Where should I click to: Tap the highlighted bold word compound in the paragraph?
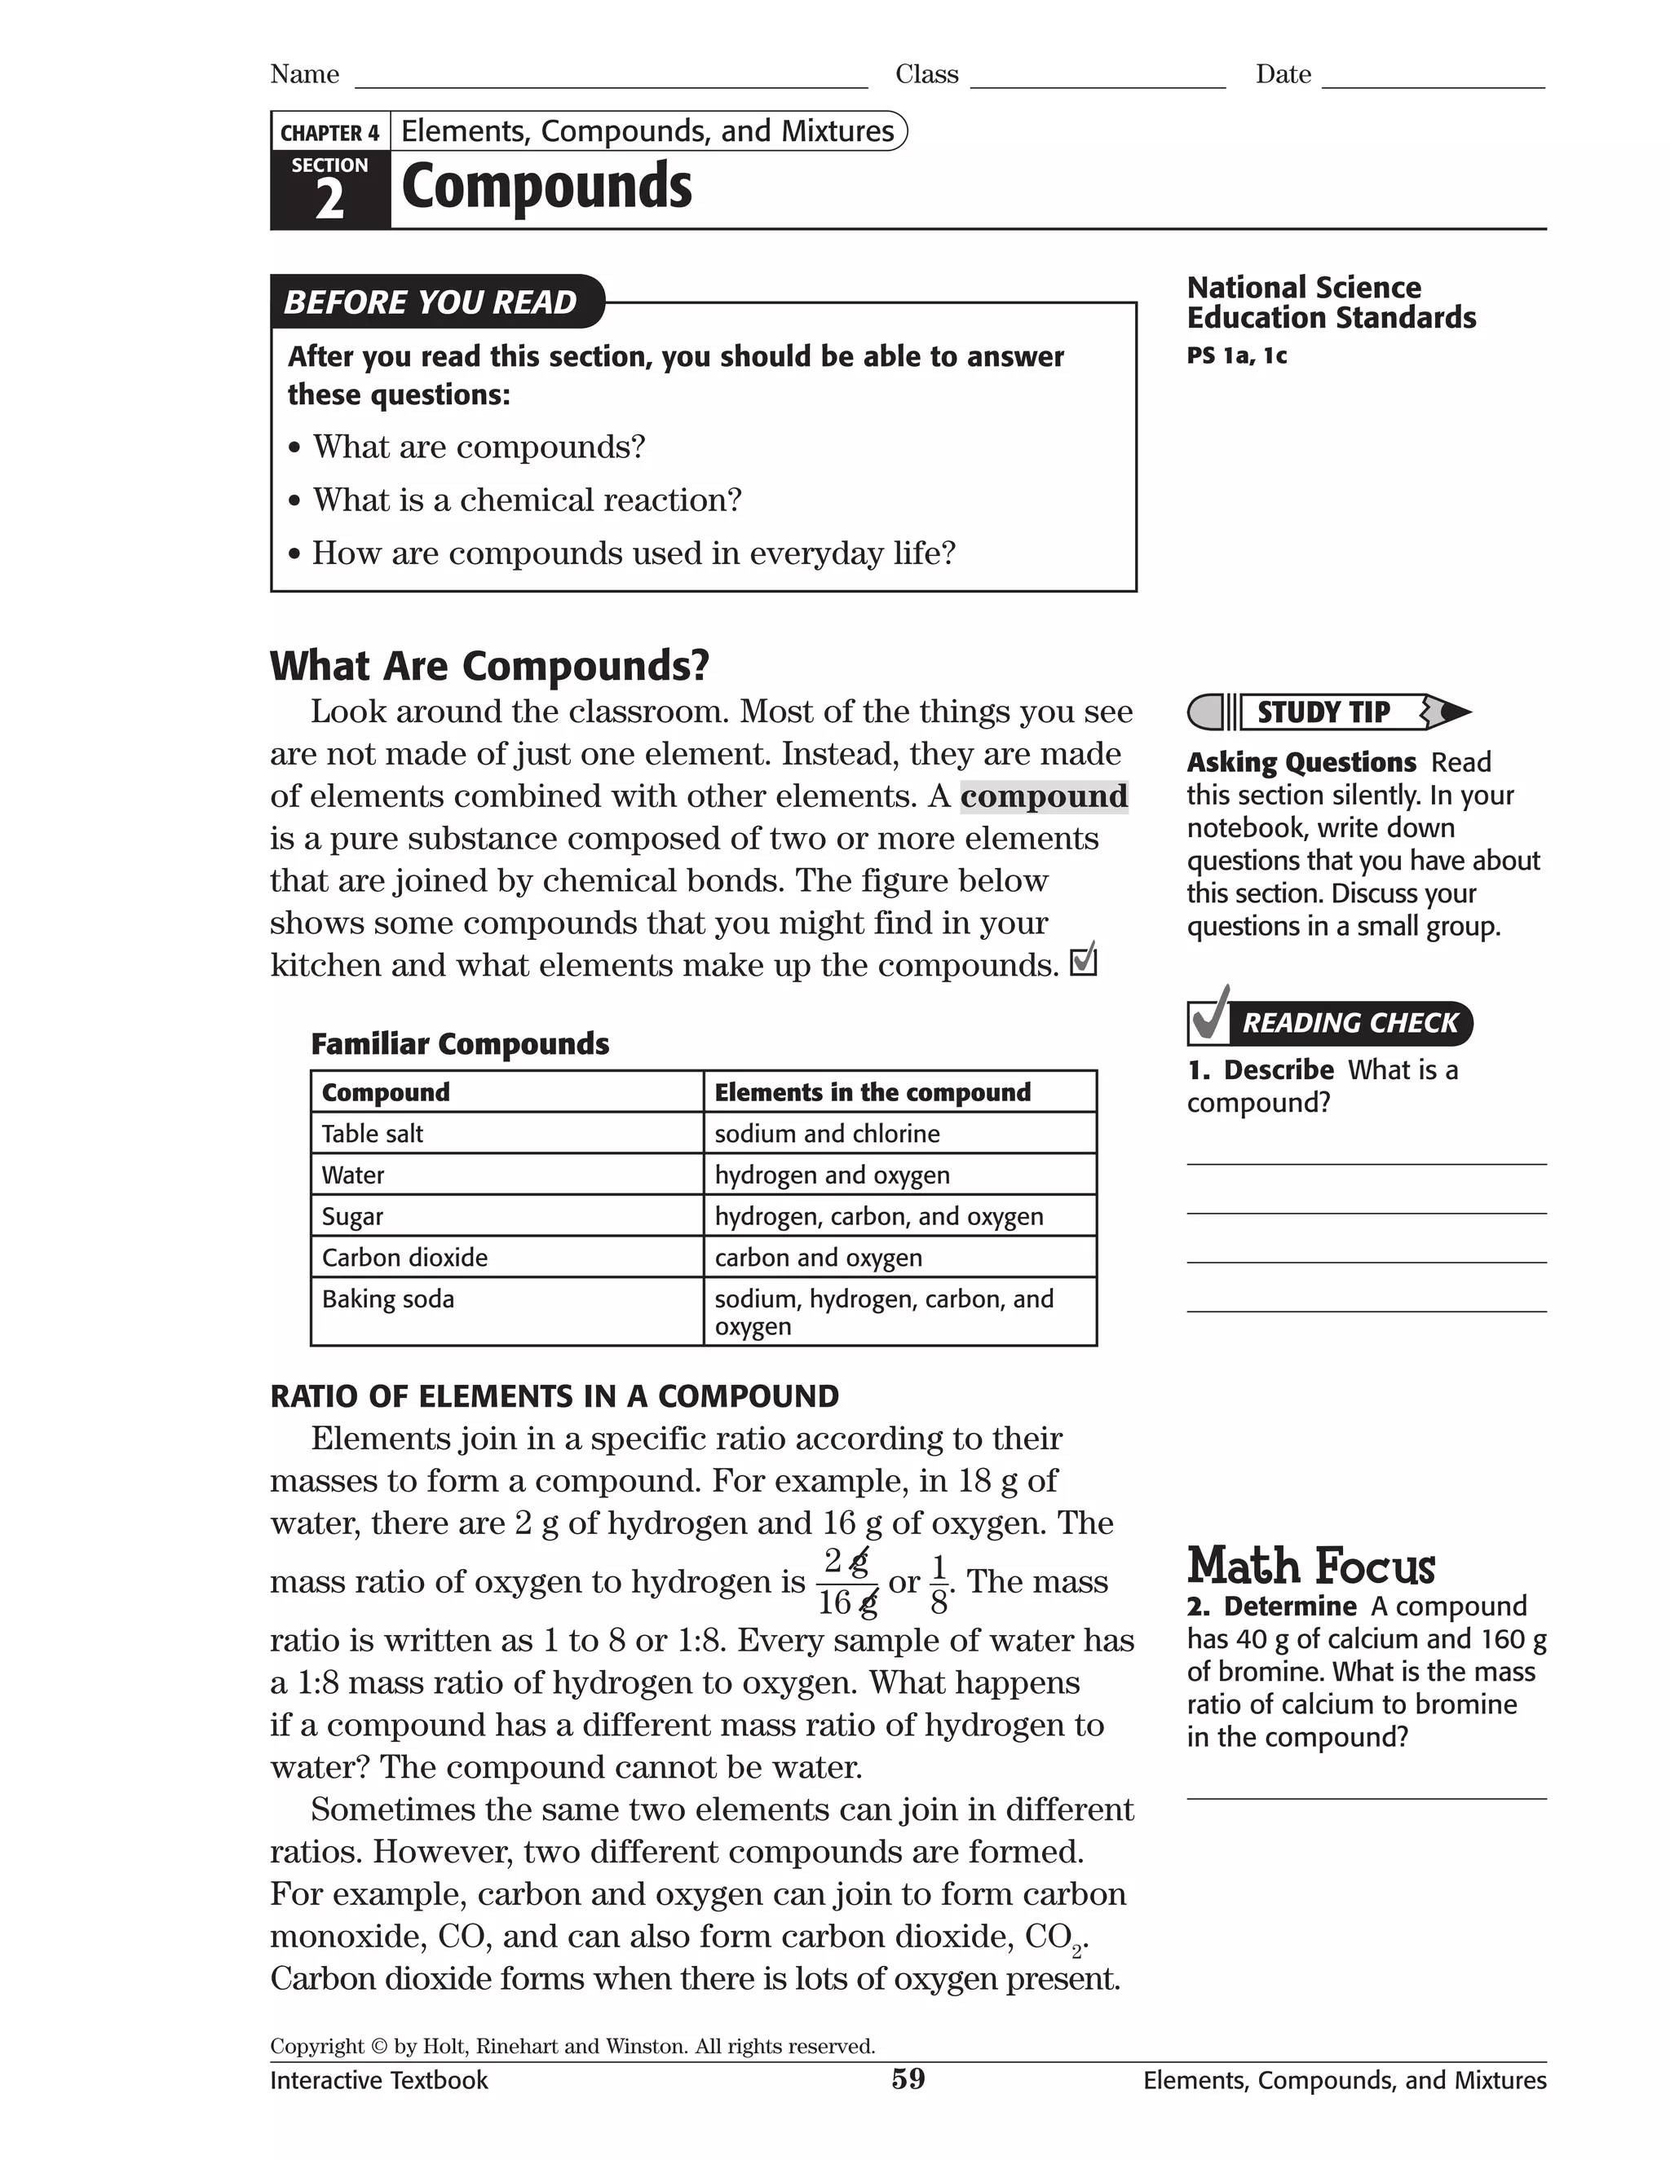[1044, 796]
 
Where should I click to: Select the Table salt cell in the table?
[372, 1134]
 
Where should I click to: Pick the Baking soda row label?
[388, 1298]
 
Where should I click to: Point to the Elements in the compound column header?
[873, 1092]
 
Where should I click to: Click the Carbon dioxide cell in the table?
[404, 1257]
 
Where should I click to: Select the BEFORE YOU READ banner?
[431, 302]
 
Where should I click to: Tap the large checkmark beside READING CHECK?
[1210, 1014]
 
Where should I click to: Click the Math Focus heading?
[1311, 1567]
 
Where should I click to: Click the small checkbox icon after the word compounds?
[1085, 960]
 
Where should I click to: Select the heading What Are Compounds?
[490, 666]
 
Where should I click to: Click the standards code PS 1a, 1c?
[1237, 356]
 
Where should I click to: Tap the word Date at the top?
[1283, 74]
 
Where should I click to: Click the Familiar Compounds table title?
[460, 1043]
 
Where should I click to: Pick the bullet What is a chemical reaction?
[526, 500]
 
